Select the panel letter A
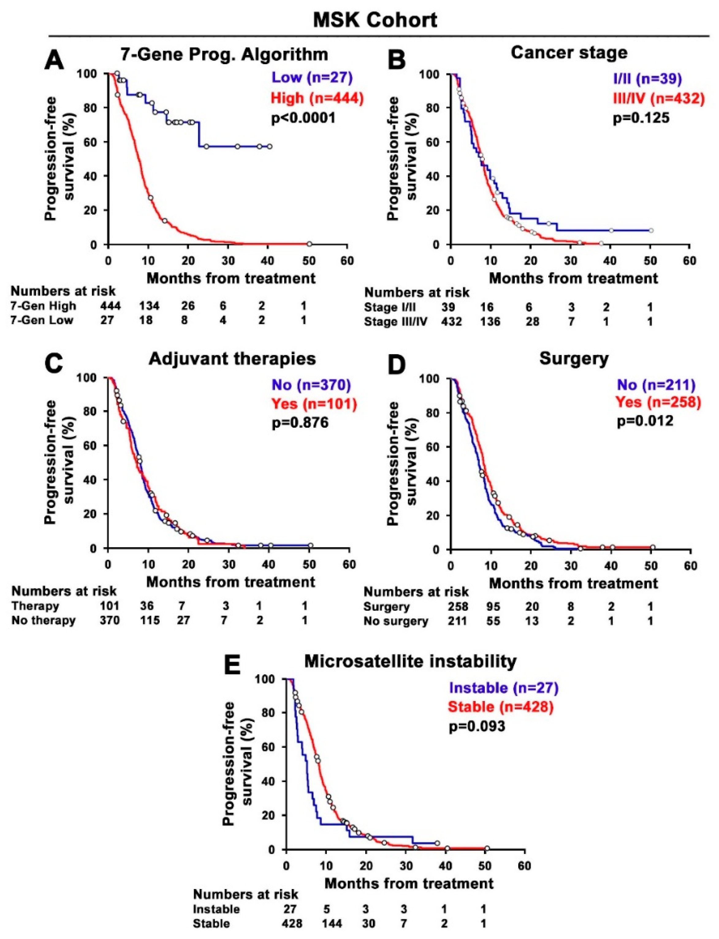[x=55, y=59]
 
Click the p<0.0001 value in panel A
[x=303, y=117]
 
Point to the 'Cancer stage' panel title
[x=569, y=53]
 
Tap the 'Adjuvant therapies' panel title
[x=232, y=358]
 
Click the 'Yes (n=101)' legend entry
[x=313, y=403]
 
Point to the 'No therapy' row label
[x=44, y=620]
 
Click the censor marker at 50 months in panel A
[x=309, y=243]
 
